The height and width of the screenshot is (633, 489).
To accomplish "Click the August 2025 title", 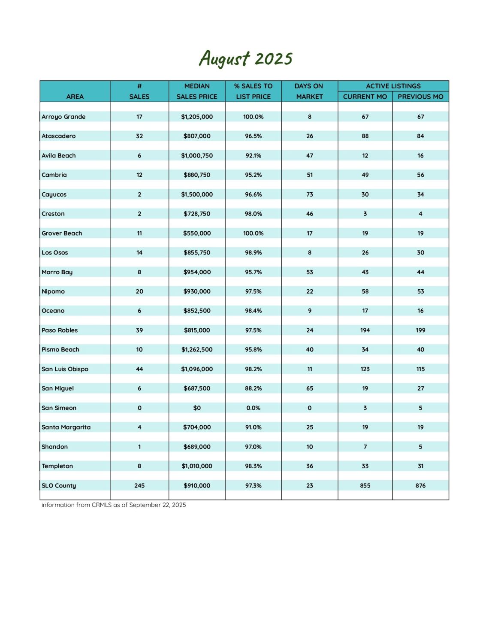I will [x=245, y=58].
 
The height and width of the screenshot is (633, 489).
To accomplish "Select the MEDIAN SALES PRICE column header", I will [x=197, y=91].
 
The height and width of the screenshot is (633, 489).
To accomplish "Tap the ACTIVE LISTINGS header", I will [x=393, y=86].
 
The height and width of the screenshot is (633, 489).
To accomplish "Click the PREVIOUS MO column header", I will [x=420, y=97].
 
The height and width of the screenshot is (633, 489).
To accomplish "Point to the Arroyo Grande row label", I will [x=63, y=117].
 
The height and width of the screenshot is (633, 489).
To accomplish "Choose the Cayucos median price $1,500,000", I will [x=197, y=194].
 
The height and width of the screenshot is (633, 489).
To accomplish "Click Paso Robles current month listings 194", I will [x=365, y=330].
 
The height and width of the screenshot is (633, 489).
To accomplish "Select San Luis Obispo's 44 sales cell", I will [x=139, y=369].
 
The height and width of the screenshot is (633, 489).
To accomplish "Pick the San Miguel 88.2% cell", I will [x=253, y=388].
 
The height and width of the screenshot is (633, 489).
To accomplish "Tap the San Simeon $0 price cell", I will [x=197, y=408].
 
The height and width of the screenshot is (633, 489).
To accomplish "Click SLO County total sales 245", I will [x=139, y=485].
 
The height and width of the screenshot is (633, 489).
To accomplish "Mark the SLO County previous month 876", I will [x=420, y=485].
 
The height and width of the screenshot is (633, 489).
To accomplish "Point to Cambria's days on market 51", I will [x=310, y=175].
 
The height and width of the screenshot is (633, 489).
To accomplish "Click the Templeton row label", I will [x=57, y=466].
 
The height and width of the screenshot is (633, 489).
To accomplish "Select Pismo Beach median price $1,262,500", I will [x=197, y=349].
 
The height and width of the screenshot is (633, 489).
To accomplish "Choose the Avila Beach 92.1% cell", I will [x=253, y=156].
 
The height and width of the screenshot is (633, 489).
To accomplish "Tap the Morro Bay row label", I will [x=57, y=272].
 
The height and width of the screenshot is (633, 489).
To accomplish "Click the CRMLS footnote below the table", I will [x=114, y=505].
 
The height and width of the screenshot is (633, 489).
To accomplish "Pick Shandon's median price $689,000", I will [x=197, y=447].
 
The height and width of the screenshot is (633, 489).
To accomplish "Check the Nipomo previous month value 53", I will [x=420, y=291].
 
